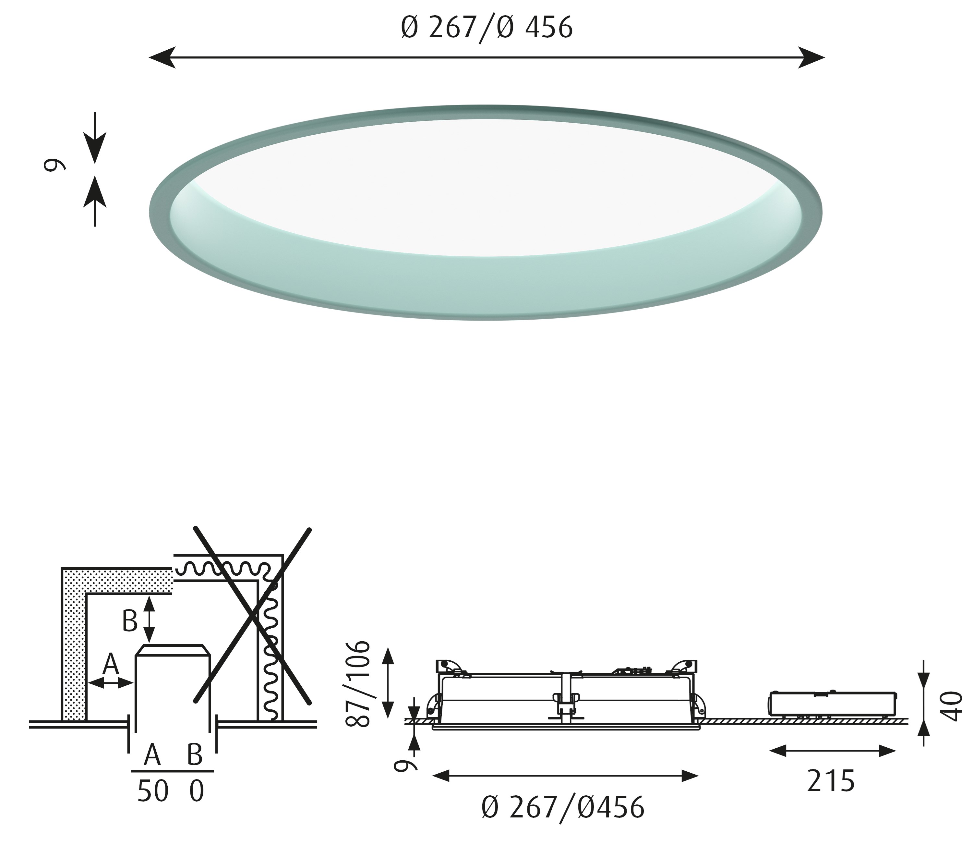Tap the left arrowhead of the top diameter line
pyautogui.click(x=162, y=57)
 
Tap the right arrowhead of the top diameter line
pyautogui.click(x=811, y=57)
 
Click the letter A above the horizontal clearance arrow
pyautogui.click(x=111, y=664)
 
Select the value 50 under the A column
pyautogui.click(x=153, y=791)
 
